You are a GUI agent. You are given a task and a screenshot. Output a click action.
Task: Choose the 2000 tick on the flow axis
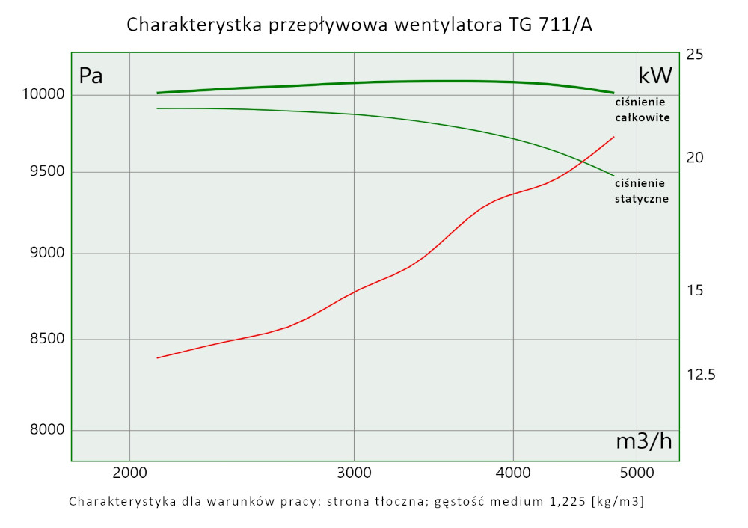click(x=130, y=473)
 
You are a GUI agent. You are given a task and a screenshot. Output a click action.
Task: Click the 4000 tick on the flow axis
click(x=513, y=473)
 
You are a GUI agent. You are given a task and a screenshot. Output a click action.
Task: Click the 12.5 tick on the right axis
click(x=701, y=375)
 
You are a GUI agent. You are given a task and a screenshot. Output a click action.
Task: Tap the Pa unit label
click(x=91, y=76)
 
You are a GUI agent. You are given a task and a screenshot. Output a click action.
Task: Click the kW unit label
click(x=656, y=76)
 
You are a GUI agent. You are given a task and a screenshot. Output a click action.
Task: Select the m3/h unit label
click(x=644, y=441)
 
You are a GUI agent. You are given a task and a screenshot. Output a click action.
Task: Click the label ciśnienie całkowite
click(x=642, y=110)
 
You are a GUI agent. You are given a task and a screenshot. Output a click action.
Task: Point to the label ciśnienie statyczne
click(x=642, y=191)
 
